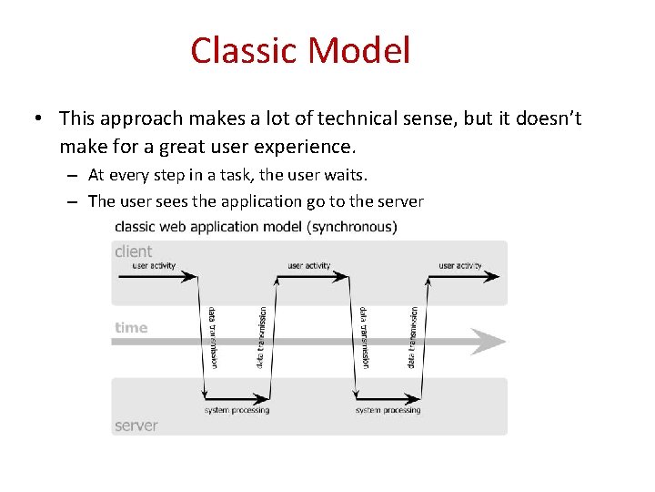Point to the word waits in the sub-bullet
tap(346, 173)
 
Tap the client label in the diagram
tap(134, 251)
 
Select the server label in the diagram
tap(136, 425)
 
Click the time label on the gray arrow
tap(131, 328)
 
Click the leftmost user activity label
tap(154, 266)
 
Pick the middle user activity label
tap(309, 266)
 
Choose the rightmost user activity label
tap(460, 266)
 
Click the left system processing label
tap(237, 411)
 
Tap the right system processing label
tap(388, 411)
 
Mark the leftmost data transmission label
tap(212, 337)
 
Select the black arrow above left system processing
tap(237, 398)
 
